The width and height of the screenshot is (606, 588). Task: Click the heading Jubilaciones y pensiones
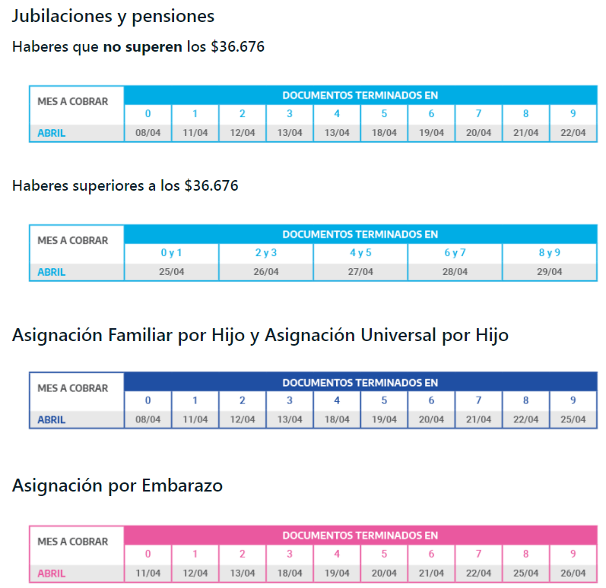pyautogui.click(x=113, y=16)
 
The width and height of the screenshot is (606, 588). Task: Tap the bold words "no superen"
pyautogui.click(x=142, y=47)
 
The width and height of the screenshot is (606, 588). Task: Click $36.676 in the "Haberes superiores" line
pyautogui.click(x=211, y=185)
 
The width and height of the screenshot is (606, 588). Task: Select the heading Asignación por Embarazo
pyautogui.click(x=117, y=485)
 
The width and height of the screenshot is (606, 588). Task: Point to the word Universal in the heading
pyautogui.click(x=392, y=335)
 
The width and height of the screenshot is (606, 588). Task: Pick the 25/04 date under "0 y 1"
pyautogui.click(x=172, y=272)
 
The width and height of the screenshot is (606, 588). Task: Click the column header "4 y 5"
pyautogui.click(x=360, y=253)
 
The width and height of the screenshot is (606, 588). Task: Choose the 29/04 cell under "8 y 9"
pyautogui.click(x=550, y=272)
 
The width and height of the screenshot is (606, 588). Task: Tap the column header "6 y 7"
pyautogui.click(x=455, y=253)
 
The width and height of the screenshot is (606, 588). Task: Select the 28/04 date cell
pyautogui.click(x=455, y=272)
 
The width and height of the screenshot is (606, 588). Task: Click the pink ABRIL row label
pyautogui.click(x=51, y=574)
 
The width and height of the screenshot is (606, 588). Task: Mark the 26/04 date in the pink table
pyautogui.click(x=573, y=574)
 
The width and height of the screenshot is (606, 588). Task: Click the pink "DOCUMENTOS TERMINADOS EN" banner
pyautogui.click(x=360, y=536)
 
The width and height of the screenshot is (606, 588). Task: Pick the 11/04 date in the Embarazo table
pyautogui.click(x=148, y=574)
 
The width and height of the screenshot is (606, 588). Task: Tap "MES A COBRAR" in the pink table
pyautogui.click(x=73, y=542)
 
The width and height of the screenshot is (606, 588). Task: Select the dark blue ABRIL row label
pyautogui.click(x=51, y=419)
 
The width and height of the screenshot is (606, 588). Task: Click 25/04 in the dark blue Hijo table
pyautogui.click(x=573, y=419)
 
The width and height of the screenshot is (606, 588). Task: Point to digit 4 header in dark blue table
pyautogui.click(x=337, y=400)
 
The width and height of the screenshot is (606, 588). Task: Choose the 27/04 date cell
pyautogui.click(x=360, y=272)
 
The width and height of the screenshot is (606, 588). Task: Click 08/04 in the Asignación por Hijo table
pyautogui.click(x=148, y=419)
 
